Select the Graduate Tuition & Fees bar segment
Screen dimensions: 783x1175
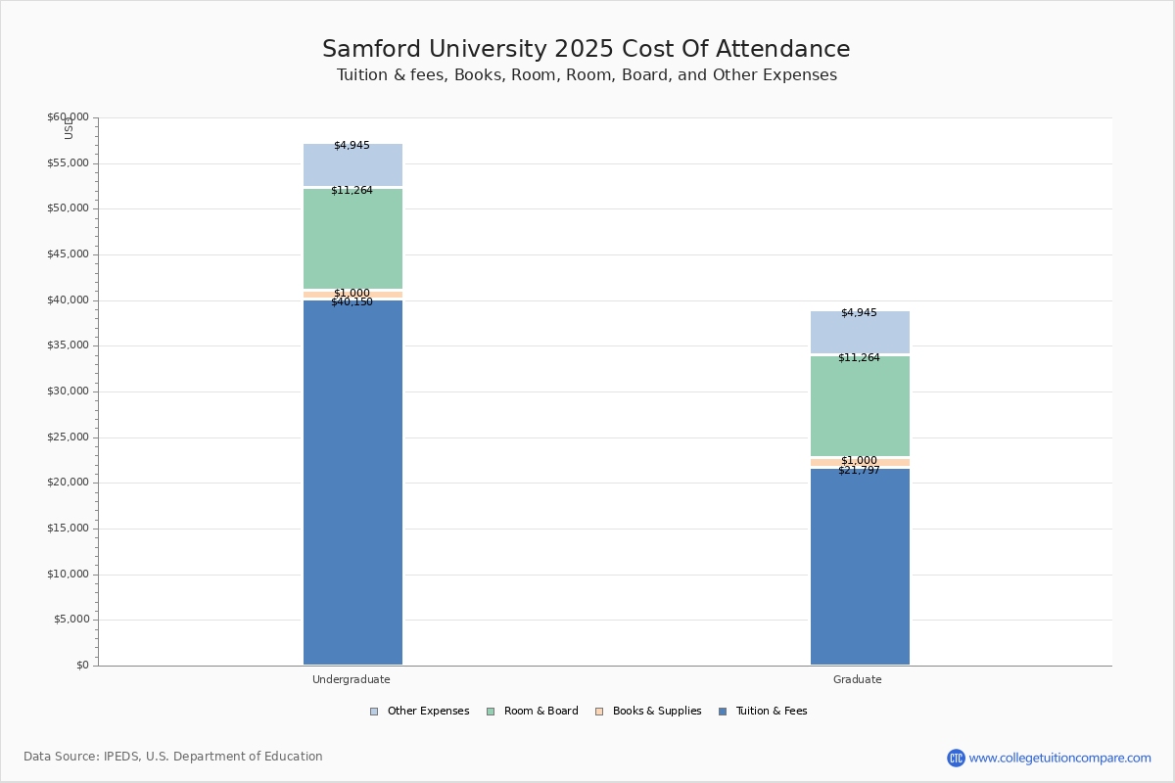pyautogui.click(x=860, y=567)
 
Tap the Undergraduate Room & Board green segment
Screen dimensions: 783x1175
pyautogui.click(x=352, y=239)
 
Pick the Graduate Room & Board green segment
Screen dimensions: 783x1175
pyautogui.click(x=860, y=406)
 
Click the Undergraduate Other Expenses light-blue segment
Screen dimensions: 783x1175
pyautogui.click(x=352, y=165)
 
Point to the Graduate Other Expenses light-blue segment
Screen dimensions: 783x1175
pyautogui.click(x=860, y=333)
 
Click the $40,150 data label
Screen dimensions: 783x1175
pyautogui.click(x=352, y=302)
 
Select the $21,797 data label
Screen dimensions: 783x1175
pyautogui.click(x=859, y=471)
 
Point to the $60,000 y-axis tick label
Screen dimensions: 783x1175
pyautogui.click(x=68, y=117)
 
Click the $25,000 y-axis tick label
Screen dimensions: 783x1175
pyautogui.click(x=68, y=438)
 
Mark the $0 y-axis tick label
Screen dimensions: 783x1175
pyautogui.click(x=82, y=666)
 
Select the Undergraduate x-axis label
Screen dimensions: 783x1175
pyautogui.click(x=352, y=679)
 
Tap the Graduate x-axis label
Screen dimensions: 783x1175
pyautogui.click(x=858, y=679)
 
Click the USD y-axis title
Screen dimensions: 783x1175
pyautogui.click(x=69, y=128)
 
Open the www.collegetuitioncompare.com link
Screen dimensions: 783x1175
pyautogui.click(x=1059, y=758)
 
